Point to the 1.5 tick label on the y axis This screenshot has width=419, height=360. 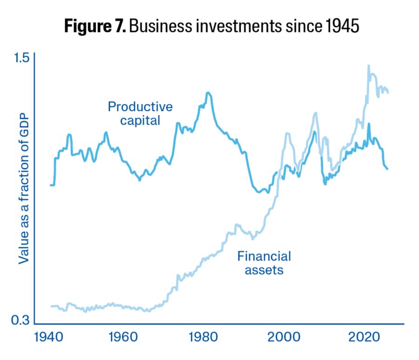(21, 58)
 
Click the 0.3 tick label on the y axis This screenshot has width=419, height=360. (21, 320)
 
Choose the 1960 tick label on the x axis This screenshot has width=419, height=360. (121, 337)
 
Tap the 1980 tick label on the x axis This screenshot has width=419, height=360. (202, 337)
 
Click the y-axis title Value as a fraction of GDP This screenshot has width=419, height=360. (24, 188)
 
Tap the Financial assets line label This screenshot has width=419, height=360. (264, 262)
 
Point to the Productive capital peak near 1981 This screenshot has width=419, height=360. (208, 93)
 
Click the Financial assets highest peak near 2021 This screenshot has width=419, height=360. (368, 66)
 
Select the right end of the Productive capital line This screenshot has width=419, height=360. (388, 169)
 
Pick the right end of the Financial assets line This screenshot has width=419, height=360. (388, 93)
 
